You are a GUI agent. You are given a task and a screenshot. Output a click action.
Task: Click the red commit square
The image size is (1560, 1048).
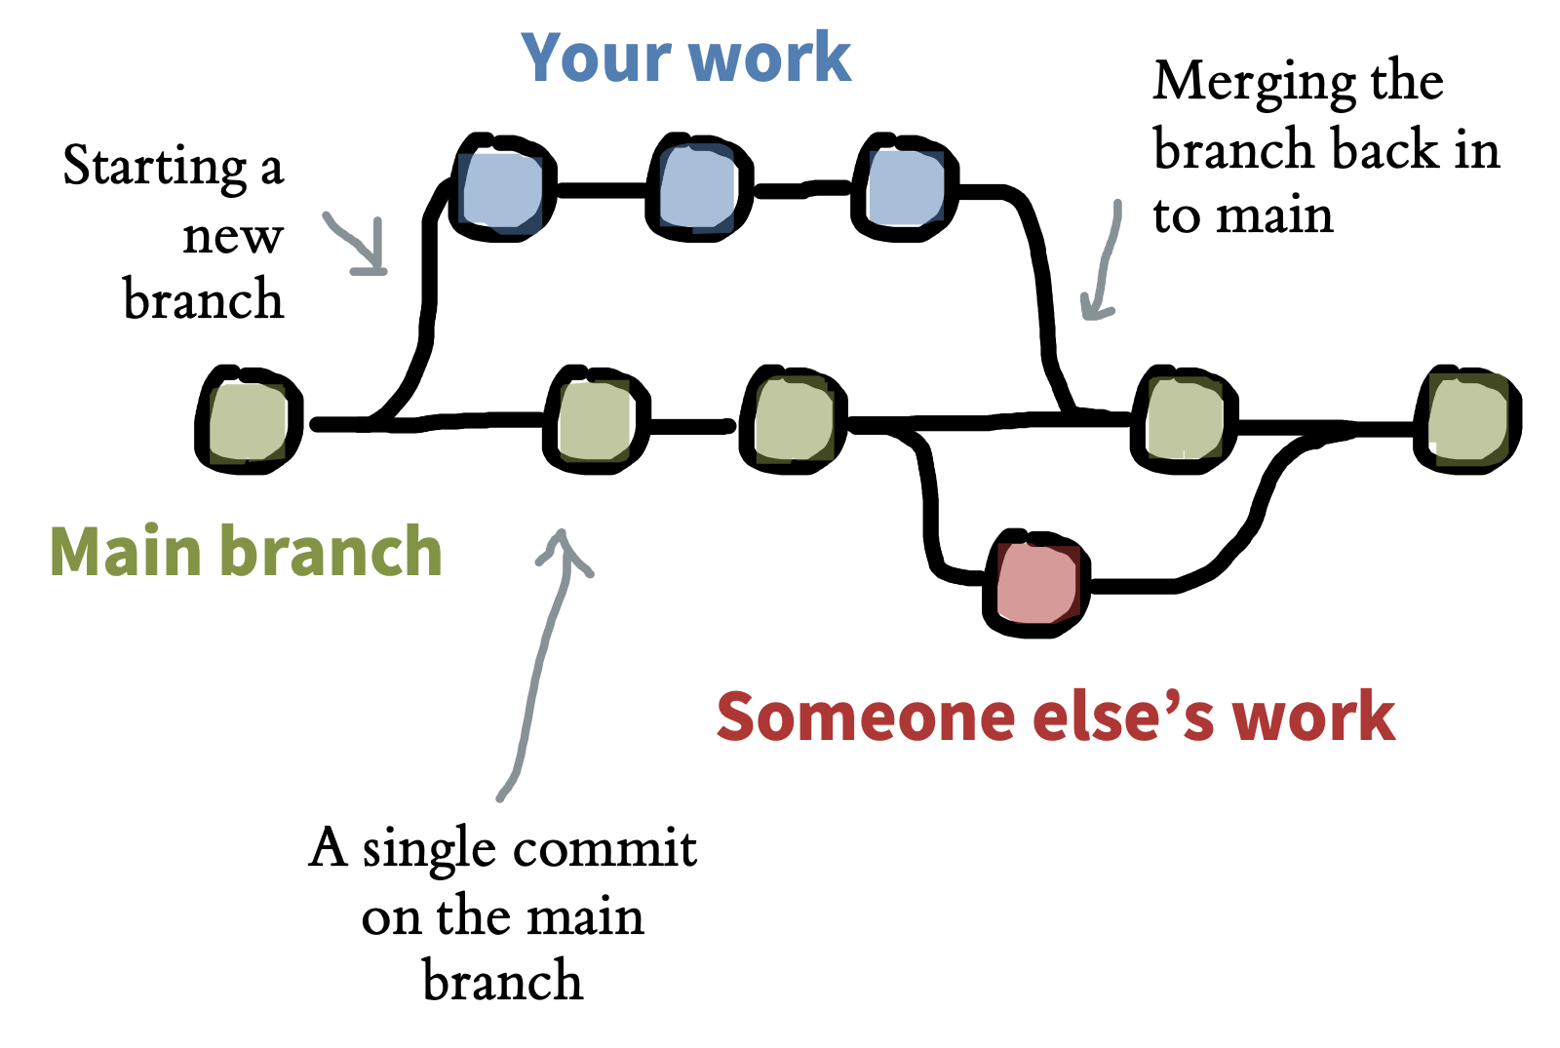[1036, 584]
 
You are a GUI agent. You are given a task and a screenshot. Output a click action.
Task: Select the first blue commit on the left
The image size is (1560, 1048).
[502, 187]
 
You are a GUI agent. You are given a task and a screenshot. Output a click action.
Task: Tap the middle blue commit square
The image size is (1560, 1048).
[698, 187]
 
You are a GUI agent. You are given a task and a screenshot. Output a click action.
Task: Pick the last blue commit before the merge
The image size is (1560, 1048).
[905, 187]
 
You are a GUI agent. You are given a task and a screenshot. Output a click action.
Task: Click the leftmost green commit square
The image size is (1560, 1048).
[249, 420]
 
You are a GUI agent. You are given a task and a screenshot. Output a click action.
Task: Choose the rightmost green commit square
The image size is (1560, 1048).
[1468, 420]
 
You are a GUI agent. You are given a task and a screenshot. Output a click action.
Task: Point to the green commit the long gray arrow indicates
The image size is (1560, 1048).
[596, 420]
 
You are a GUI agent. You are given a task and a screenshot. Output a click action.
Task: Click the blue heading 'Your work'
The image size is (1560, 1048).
[686, 58]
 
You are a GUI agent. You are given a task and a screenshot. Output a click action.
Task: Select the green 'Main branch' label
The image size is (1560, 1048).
[246, 551]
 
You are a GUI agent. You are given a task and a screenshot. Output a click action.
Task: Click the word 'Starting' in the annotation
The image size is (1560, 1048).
[155, 167]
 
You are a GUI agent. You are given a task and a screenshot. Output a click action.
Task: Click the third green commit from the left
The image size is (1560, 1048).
[794, 420]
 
